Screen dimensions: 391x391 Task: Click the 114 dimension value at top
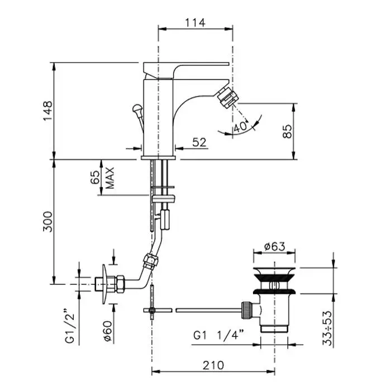(x=195, y=23)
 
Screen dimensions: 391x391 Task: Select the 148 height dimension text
(x=48, y=111)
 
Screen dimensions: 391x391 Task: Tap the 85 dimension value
(x=287, y=131)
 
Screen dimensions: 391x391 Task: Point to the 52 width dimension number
(x=199, y=142)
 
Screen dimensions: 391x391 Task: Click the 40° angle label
(x=241, y=127)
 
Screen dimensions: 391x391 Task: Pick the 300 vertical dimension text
(x=48, y=222)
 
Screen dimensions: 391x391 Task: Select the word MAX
(x=109, y=178)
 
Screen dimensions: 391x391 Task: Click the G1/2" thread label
(x=70, y=326)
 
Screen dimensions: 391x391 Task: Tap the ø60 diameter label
(x=108, y=331)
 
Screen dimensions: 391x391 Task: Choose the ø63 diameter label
(x=275, y=247)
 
